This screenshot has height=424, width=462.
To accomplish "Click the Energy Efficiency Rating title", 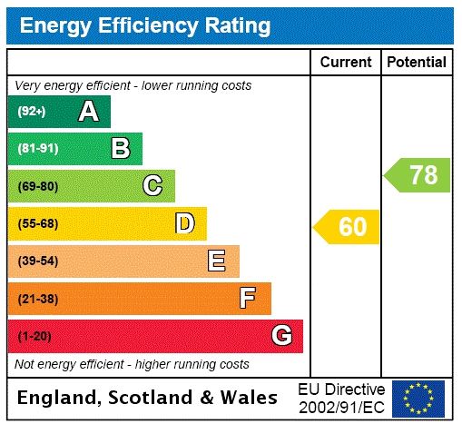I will pyautogui.click(x=145, y=25).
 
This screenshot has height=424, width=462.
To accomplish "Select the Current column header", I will pyautogui.click(x=346, y=62).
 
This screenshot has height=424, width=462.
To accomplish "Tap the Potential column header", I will pyautogui.click(x=417, y=62).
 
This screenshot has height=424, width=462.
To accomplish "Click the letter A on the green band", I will pyautogui.click(x=88, y=112).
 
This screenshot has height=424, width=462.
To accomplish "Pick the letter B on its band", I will pyautogui.click(x=120, y=148).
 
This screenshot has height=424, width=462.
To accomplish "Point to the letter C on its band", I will pyautogui.click(x=152, y=186).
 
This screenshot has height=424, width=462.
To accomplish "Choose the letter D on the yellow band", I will pyautogui.click(x=184, y=223).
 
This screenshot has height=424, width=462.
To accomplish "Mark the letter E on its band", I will pyautogui.click(x=217, y=261).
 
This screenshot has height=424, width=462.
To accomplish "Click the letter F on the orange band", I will pyautogui.click(x=248, y=298).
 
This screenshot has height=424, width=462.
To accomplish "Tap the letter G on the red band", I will pyautogui.click(x=281, y=336).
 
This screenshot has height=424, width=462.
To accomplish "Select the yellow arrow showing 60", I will pyautogui.click(x=347, y=226).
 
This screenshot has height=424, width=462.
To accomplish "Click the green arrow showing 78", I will pyautogui.click(x=418, y=174).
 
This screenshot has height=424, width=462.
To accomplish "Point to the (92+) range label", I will pyautogui.click(x=32, y=112).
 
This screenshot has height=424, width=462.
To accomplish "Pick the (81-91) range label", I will pyautogui.click(x=37, y=148).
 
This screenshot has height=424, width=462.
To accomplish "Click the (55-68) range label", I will pyautogui.click(x=37, y=223).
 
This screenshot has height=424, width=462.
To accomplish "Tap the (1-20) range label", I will pyautogui.click(x=34, y=336).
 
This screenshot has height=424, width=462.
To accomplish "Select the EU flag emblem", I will pyautogui.click(x=418, y=398).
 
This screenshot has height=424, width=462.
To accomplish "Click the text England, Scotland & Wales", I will pyautogui.click(x=148, y=398).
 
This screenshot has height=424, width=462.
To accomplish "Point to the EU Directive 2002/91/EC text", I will pyautogui.click(x=341, y=398).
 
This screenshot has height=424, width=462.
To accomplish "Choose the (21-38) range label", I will pyautogui.click(x=37, y=298).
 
